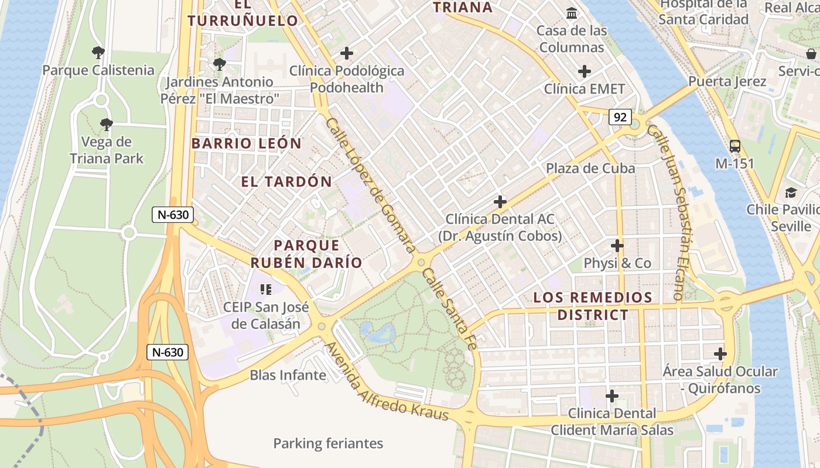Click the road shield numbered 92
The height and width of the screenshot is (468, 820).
[x=620, y=117]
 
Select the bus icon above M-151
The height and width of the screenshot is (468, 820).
[x=734, y=146]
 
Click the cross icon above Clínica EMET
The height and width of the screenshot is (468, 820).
[x=584, y=71]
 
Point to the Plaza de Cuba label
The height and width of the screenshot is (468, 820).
[x=590, y=168]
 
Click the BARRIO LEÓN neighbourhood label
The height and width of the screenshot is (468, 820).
[x=246, y=143]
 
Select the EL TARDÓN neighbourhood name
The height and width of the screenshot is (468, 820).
[x=286, y=182]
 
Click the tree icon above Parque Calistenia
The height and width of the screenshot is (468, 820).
[x=98, y=53]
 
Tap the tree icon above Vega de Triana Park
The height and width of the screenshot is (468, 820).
[x=106, y=124]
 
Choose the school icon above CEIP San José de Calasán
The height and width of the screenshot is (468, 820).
[x=266, y=289]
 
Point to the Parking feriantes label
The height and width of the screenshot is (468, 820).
[x=328, y=443]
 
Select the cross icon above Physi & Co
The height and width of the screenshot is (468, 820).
[x=617, y=246]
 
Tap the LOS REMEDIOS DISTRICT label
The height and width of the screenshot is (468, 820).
[x=593, y=306]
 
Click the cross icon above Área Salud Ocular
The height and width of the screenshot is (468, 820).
[x=720, y=354]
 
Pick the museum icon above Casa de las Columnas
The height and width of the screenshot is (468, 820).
[x=571, y=13]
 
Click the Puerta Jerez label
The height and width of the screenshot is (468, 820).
[x=727, y=81]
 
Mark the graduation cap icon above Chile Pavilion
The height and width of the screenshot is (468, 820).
[x=791, y=192]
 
